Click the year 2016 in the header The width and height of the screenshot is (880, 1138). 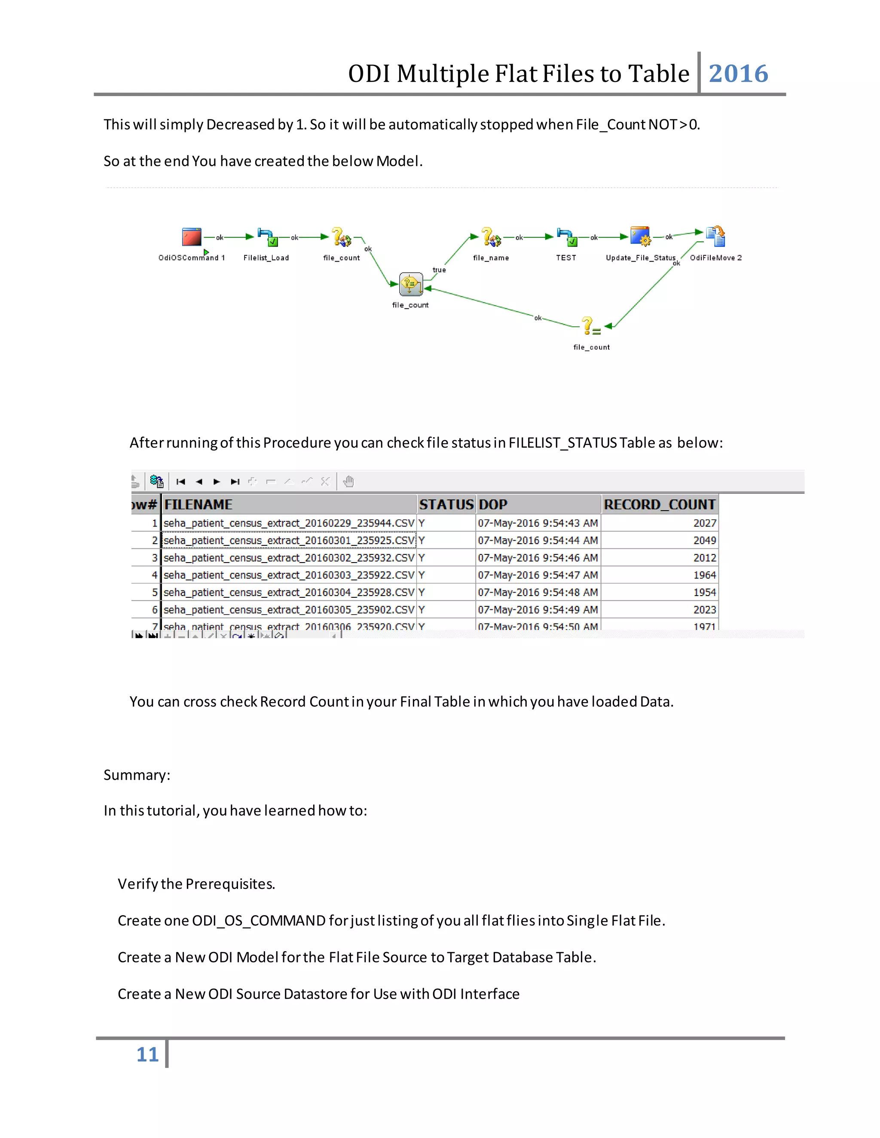coord(738,73)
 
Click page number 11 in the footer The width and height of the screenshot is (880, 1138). coord(147,1054)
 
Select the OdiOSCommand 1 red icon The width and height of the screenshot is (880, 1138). coord(191,237)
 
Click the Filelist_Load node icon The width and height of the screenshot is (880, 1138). coord(267,237)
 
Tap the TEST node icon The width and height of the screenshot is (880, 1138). coord(566,237)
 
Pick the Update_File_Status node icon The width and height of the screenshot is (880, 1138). coord(640,236)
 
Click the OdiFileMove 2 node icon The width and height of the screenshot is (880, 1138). coord(716,236)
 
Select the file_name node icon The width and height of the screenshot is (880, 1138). coord(491,237)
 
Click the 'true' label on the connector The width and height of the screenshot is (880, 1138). coord(439,270)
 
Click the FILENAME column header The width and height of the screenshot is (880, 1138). coord(198,505)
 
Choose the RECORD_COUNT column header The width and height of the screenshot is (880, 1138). coord(659,505)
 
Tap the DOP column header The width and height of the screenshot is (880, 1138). coord(493,505)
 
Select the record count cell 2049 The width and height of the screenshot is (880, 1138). coord(704,540)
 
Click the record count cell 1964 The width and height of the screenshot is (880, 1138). coord(704,575)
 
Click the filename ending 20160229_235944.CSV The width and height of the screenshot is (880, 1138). coord(289,523)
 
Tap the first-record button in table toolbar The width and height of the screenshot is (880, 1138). coord(181,481)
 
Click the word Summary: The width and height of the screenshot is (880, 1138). coord(137,775)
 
